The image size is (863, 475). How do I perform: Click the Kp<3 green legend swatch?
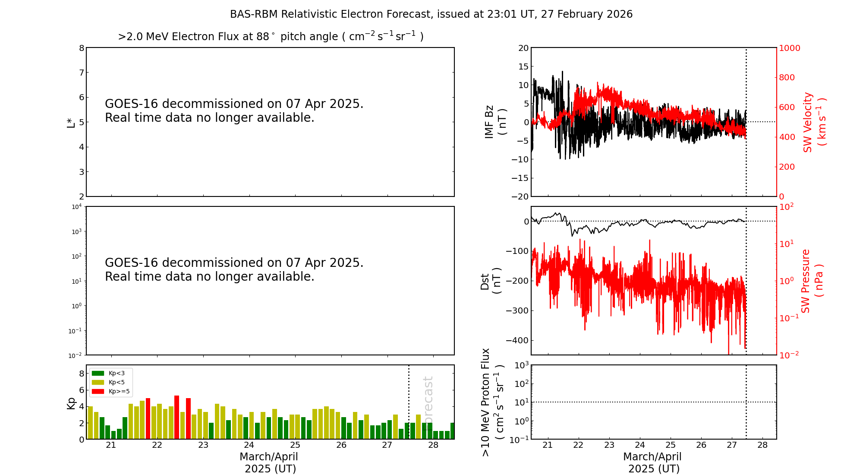98,373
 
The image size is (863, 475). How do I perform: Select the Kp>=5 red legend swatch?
98,392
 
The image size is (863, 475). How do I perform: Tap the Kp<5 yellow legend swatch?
98,382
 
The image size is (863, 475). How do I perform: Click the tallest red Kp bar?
177,417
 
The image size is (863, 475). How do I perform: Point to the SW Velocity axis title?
814,122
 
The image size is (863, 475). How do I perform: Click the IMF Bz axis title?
495,122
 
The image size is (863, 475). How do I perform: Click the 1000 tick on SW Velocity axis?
789,48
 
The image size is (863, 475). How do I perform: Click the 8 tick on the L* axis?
81,48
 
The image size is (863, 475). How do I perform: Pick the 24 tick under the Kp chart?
249,445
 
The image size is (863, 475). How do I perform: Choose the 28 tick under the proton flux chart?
762,445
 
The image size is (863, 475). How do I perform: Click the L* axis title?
71,122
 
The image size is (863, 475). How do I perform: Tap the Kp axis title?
71,403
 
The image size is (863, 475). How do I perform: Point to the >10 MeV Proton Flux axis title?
492,402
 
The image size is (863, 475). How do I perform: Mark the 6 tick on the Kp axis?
81,390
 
